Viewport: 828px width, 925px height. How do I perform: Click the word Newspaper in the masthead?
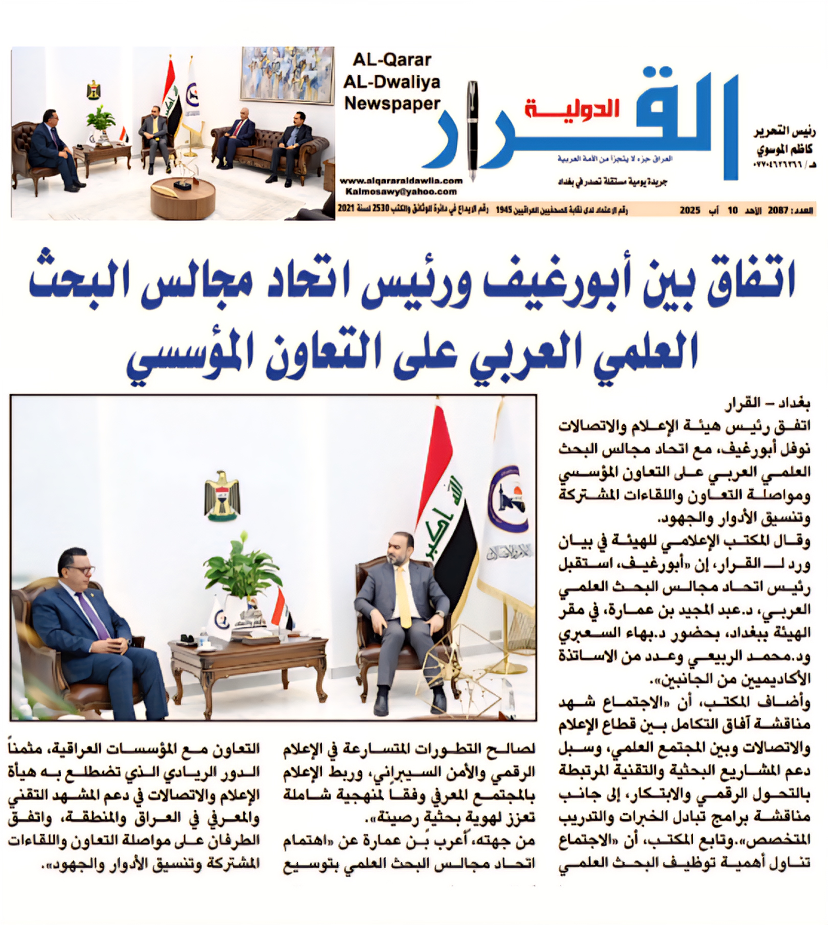(x=392, y=104)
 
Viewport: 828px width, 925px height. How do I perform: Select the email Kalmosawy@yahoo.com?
(x=401, y=192)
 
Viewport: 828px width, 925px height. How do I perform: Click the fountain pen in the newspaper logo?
(x=473, y=130)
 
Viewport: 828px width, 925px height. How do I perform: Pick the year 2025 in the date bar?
(x=690, y=210)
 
